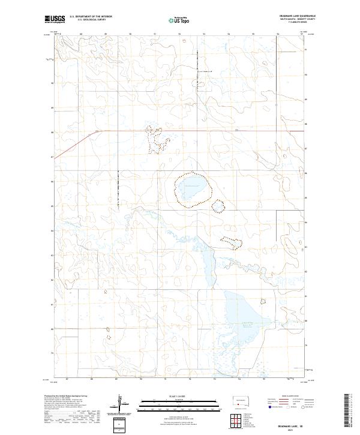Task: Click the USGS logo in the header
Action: pyautogui.click(x=55, y=19)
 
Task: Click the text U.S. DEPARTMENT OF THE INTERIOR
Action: pyautogui.click(x=91, y=17)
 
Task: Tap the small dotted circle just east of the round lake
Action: pyautogui.click(x=218, y=205)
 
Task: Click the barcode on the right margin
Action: pyautogui.click(x=347, y=409)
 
